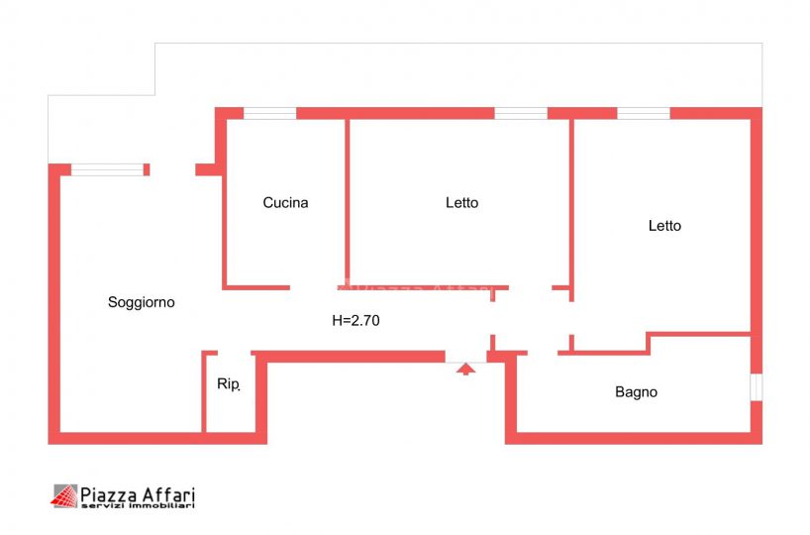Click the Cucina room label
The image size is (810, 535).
(x=285, y=203)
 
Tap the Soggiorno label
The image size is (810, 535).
(x=141, y=302)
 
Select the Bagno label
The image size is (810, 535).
(x=636, y=392)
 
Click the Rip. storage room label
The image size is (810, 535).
(x=229, y=384)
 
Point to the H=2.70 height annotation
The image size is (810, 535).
(x=355, y=320)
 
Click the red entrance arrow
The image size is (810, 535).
(x=466, y=370)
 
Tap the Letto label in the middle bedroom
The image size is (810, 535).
(x=461, y=203)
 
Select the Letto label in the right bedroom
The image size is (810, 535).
(x=664, y=226)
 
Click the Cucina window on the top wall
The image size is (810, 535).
(x=269, y=113)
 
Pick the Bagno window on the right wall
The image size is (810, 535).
(x=757, y=387)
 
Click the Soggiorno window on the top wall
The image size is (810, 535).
(x=108, y=169)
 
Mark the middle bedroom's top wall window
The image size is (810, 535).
(x=521, y=113)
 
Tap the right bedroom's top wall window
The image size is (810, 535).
(x=644, y=113)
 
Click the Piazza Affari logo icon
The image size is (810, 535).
(x=64, y=496)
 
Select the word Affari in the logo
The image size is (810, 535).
(x=168, y=494)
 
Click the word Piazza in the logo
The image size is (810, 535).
(x=109, y=495)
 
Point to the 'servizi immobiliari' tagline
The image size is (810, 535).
(x=138, y=505)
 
